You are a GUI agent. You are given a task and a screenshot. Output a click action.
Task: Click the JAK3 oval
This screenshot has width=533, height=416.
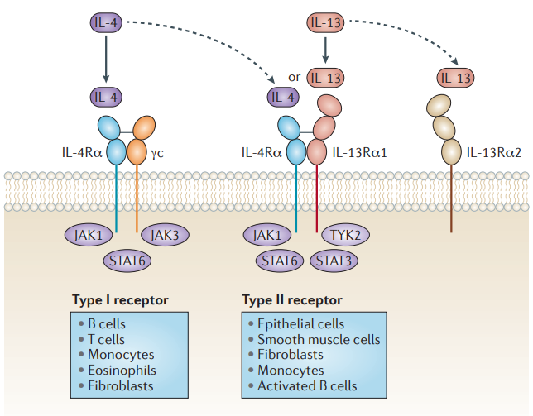[165, 235]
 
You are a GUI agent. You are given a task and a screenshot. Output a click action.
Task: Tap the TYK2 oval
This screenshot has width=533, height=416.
[345, 235]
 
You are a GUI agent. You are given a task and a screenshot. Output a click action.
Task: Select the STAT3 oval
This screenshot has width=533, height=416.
[334, 261]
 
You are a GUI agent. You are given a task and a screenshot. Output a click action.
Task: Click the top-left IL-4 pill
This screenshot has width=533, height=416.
[106, 23]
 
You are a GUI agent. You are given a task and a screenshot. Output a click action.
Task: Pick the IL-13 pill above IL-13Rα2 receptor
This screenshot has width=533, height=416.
[455, 78]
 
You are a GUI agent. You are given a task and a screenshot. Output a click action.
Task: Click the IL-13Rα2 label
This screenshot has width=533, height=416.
[494, 153]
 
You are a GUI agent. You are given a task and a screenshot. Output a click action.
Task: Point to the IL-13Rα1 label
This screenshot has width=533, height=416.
[360, 153]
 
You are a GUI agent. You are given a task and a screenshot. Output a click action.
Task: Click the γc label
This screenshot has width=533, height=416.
[156, 154]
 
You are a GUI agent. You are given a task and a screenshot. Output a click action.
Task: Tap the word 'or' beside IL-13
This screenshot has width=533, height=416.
[295, 78]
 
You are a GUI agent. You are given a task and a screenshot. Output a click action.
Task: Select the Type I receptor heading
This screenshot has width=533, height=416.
[120, 300]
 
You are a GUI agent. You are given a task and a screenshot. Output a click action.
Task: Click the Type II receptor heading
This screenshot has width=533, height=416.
[292, 300]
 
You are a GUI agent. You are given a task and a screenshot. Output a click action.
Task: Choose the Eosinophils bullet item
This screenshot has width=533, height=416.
[118, 371]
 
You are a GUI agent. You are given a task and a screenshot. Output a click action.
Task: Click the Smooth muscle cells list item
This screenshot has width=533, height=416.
[315, 339]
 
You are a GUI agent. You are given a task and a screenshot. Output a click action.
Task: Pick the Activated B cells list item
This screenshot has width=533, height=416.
[303, 385]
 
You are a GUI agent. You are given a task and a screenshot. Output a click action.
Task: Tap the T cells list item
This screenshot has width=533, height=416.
[102, 339]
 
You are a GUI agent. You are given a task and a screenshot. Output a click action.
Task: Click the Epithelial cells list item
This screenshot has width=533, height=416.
[296, 323]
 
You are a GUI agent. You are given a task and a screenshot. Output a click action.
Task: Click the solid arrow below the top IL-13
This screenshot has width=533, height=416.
[325, 50]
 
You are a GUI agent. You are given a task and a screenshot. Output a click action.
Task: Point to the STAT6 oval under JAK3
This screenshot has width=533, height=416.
[127, 261]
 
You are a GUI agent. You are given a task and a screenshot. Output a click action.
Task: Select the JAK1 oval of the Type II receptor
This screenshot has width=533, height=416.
[267, 235]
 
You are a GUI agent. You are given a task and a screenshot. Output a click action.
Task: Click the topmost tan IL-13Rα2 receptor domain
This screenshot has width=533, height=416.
[439, 105]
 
